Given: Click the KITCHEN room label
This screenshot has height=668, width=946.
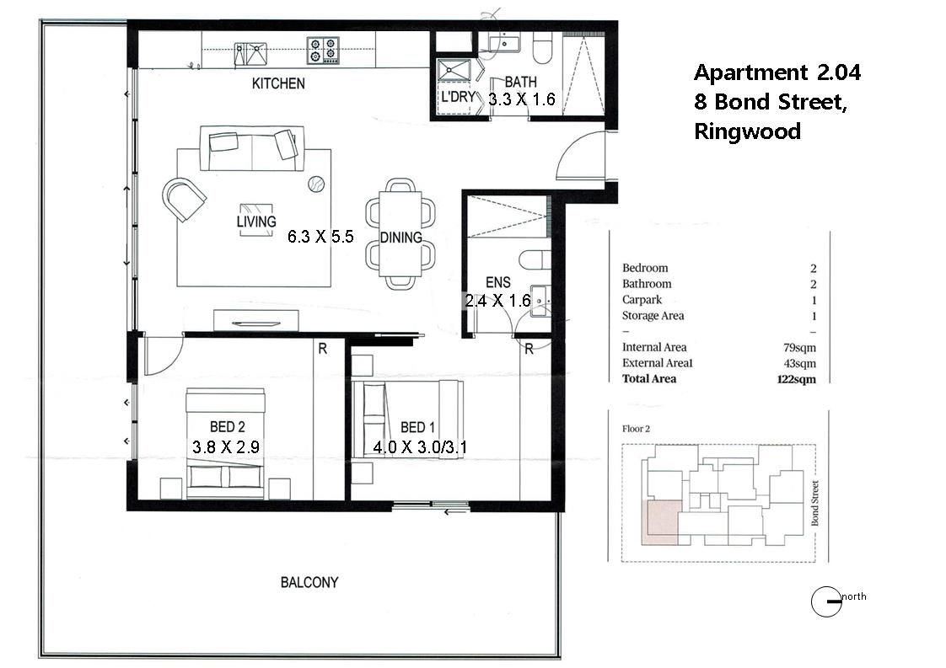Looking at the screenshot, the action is [278, 83].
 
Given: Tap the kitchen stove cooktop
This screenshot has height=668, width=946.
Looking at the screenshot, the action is [323, 50].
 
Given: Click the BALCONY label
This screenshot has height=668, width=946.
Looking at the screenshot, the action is [309, 582].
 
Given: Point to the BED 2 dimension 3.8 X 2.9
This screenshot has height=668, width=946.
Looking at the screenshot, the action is [226, 446].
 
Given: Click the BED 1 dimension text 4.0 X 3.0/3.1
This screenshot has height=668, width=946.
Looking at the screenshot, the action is [420, 447].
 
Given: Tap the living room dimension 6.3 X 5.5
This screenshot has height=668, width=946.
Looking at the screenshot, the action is [320, 237].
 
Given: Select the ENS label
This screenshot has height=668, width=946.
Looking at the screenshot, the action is [497, 282].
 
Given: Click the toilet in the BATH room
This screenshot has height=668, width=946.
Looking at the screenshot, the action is [542, 48].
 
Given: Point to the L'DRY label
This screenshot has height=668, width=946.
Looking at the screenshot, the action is [458, 97].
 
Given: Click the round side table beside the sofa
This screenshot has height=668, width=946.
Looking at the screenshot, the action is [316, 184].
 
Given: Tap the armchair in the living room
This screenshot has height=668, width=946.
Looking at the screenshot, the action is [184, 198].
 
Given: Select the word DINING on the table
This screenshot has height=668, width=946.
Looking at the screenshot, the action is [400, 238].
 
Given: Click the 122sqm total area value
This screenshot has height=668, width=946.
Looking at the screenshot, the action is [797, 379].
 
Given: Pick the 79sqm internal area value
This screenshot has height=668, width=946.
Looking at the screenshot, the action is [799, 347].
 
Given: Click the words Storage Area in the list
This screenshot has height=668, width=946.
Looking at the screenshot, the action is [653, 315].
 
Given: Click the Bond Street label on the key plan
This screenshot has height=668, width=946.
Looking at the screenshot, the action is [814, 503].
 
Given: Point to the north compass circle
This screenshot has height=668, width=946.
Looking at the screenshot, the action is [826, 601].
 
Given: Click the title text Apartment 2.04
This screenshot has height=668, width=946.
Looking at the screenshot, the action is [777, 72].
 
